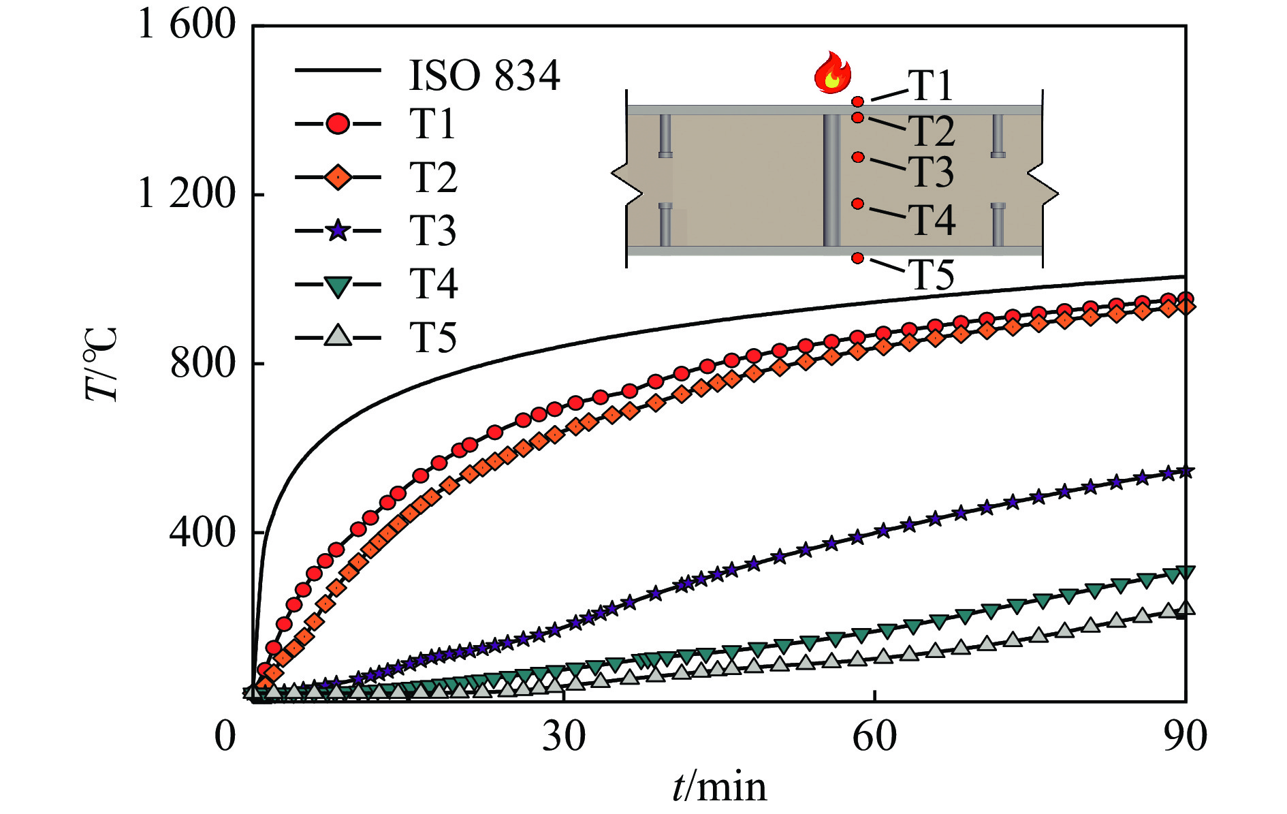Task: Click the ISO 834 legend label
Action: click(484, 75)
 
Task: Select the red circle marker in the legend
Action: click(338, 124)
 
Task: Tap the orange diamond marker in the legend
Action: click(338, 177)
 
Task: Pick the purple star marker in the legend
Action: click(338, 230)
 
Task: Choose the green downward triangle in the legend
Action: click(338, 285)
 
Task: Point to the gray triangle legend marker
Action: click(338, 336)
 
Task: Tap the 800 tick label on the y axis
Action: click(202, 363)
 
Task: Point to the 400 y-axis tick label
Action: click(202, 532)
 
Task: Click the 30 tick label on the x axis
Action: click(563, 737)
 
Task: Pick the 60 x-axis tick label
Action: click(874, 737)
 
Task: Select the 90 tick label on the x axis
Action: click(1185, 737)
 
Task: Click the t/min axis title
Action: click(719, 787)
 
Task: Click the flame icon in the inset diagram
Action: click(832, 72)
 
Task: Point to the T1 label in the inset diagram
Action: click(930, 87)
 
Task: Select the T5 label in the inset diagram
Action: click(932, 275)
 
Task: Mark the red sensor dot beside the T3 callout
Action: click(858, 157)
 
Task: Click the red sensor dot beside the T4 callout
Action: click(858, 204)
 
